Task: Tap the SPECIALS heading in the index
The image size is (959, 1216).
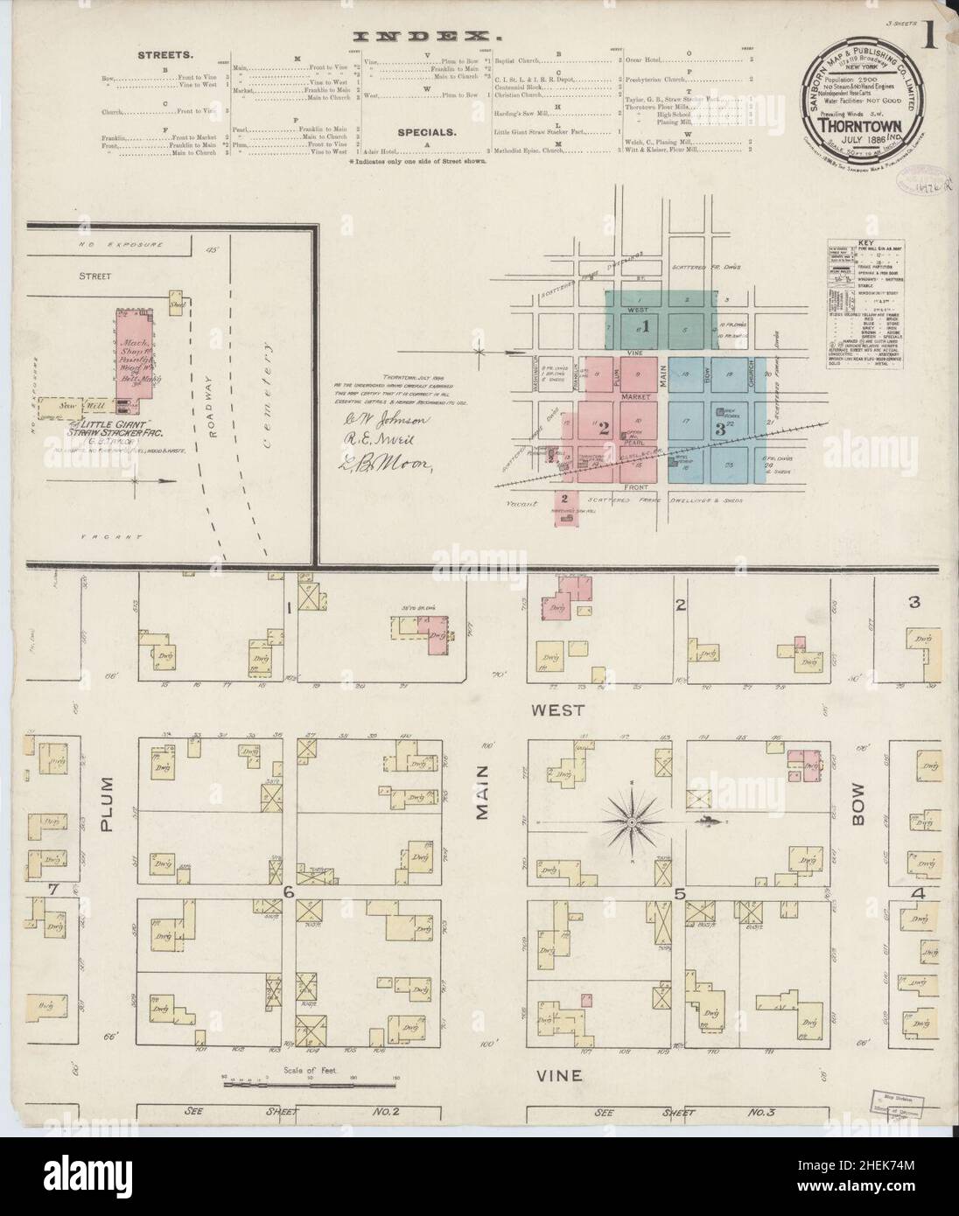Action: click(425, 133)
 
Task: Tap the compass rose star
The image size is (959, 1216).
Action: click(630, 821)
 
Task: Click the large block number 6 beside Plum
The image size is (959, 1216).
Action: click(287, 891)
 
